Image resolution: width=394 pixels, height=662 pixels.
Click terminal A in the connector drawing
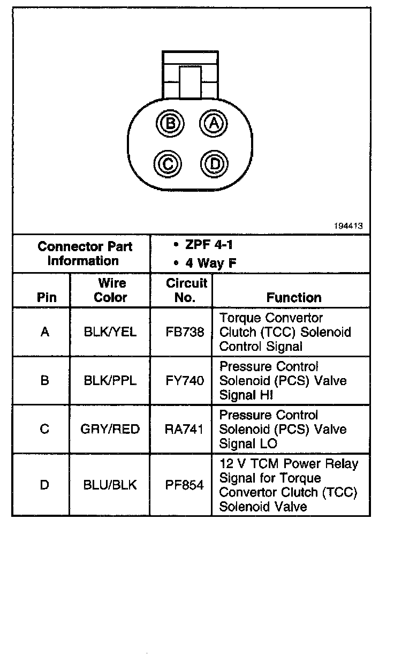[x=214, y=124]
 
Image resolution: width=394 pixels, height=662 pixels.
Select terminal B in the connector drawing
[x=170, y=124]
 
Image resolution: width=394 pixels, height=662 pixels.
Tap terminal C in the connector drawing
[x=168, y=163]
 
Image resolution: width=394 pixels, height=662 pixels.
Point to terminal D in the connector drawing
[x=215, y=163]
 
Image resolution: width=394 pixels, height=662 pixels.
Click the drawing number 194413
[x=348, y=226]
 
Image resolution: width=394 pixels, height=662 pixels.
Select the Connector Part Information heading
[x=85, y=254]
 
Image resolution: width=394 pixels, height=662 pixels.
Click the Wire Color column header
[x=111, y=290]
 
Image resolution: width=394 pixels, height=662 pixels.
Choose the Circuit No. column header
[x=186, y=290]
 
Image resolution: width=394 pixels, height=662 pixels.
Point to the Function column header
[x=294, y=297]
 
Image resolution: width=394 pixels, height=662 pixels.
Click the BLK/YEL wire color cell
[x=110, y=332]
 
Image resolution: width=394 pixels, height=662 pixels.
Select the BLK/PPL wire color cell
[x=110, y=381]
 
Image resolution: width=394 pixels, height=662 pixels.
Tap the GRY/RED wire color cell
[x=110, y=430]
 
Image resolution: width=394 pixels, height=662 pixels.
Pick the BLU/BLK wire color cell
[x=110, y=485]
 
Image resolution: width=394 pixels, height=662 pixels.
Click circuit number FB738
[x=185, y=332]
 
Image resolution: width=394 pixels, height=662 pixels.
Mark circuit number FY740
[x=185, y=381]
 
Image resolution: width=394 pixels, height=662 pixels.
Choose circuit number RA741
[x=185, y=430]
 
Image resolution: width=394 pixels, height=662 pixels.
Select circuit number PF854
[x=185, y=485]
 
